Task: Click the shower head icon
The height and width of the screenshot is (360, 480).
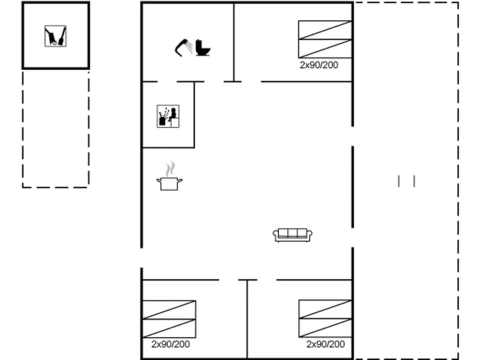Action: [183, 48]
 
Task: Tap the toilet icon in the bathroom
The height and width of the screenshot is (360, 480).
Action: [203, 48]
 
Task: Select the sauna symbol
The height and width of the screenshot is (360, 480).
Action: [168, 116]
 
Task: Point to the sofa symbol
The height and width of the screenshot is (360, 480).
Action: [292, 235]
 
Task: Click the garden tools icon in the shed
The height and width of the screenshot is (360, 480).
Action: [56, 36]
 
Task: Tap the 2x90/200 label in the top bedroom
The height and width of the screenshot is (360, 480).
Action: [319, 65]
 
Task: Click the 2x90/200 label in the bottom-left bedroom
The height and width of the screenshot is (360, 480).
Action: [171, 344]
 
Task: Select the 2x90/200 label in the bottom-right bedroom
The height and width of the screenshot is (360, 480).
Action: [325, 344]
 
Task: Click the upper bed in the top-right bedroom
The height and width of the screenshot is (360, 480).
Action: [325, 30]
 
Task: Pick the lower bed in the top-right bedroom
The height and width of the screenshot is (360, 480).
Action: [325, 49]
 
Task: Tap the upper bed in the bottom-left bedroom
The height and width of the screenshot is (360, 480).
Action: [169, 310]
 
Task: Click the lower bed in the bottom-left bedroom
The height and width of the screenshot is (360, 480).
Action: [169, 329]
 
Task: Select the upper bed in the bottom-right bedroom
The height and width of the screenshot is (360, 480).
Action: [325, 309]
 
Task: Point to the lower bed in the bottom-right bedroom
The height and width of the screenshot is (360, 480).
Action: [325, 328]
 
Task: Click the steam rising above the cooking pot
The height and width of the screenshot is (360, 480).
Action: [170, 169]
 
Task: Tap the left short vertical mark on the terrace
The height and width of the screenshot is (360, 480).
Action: [399, 181]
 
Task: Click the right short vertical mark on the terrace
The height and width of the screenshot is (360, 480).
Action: [414, 181]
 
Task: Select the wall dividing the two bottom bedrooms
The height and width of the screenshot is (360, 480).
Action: [247, 319]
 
